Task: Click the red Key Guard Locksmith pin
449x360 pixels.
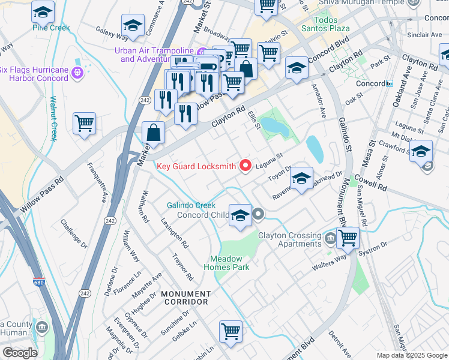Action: (x=245, y=165)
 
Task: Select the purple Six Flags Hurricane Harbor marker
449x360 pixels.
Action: (x=77, y=73)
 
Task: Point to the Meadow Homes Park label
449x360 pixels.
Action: (x=229, y=263)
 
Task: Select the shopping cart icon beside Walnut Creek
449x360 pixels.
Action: (x=84, y=124)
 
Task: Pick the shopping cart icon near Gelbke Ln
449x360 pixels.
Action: (x=231, y=331)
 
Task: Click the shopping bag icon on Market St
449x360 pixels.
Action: (x=154, y=133)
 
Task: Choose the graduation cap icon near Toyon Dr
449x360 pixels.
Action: (x=301, y=178)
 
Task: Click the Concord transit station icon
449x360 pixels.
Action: (x=389, y=83)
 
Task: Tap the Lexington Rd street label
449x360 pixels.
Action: (x=175, y=232)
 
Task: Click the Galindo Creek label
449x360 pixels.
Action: (x=191, y=205)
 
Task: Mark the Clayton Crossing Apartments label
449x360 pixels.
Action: (x=289, y=240)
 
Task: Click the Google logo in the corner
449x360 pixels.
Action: (x=20, y=353)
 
